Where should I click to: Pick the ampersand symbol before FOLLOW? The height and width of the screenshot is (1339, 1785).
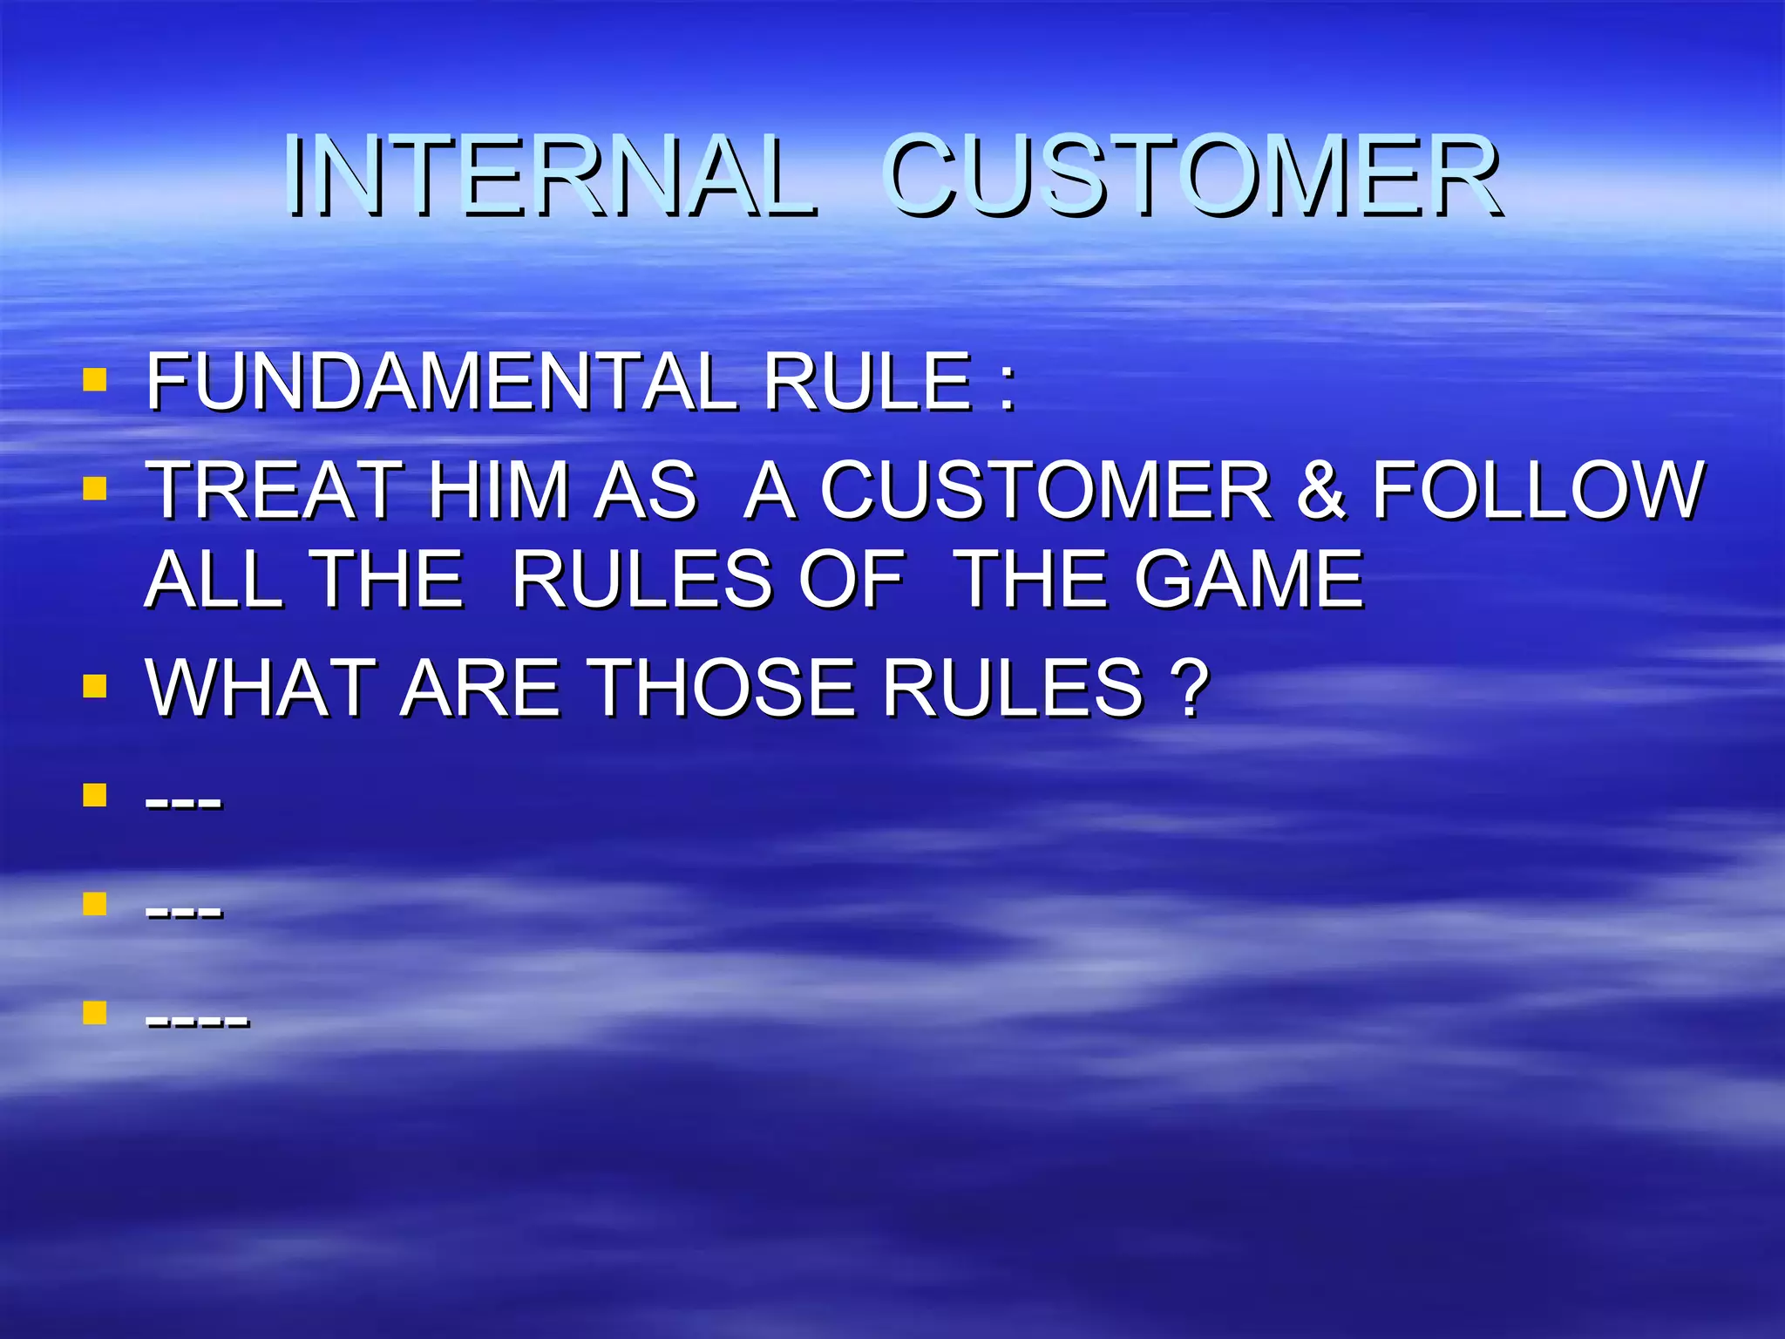click(x=1321, y=491)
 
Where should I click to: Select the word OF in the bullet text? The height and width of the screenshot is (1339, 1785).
click(x=851, y=580)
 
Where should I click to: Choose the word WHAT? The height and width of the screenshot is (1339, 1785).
click(x=258, y=689)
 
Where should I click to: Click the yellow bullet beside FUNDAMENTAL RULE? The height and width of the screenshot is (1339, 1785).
click(x=94, y=379)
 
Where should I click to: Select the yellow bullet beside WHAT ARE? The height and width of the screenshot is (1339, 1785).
click(x=94, y=686)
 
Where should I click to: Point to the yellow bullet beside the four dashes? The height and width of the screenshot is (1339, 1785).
click(x=94, y=1012)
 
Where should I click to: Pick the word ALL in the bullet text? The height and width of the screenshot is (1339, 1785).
click(x=213, y=580)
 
